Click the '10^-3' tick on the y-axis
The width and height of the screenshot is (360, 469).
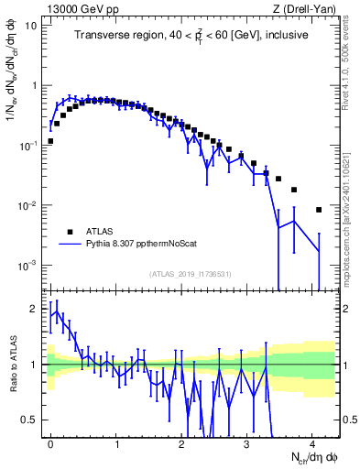(27, 266)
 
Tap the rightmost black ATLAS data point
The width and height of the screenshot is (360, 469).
(319, 210)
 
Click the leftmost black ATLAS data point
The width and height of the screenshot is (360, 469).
(50, 141)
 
